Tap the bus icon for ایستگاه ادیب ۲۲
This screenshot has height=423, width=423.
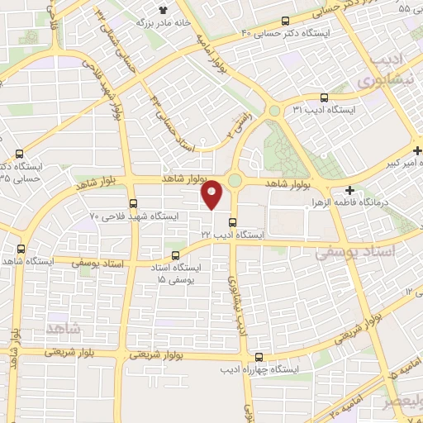click(232, 221)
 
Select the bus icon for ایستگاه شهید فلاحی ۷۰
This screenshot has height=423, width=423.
click(133, 203)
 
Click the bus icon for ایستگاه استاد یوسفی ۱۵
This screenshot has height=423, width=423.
click(174, 255)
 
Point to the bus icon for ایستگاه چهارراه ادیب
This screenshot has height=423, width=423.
click(259, 358)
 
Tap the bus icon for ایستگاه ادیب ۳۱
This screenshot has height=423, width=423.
click(323, 97)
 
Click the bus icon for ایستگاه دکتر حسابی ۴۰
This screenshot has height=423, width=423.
click(285, 21)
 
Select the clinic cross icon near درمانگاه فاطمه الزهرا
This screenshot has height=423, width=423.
click(350, 189)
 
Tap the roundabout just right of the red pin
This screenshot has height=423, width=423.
click(235, 181)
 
